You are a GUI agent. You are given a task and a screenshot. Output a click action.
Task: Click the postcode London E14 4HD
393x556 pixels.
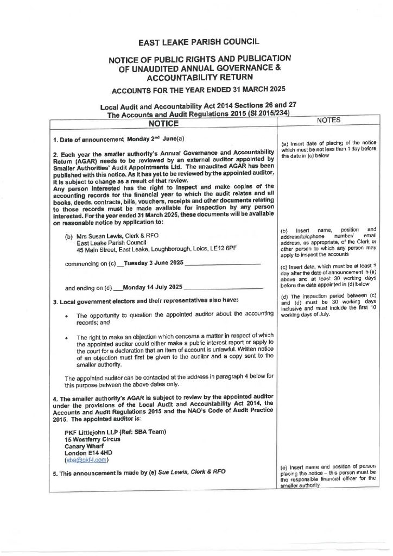tap(88, 452)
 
